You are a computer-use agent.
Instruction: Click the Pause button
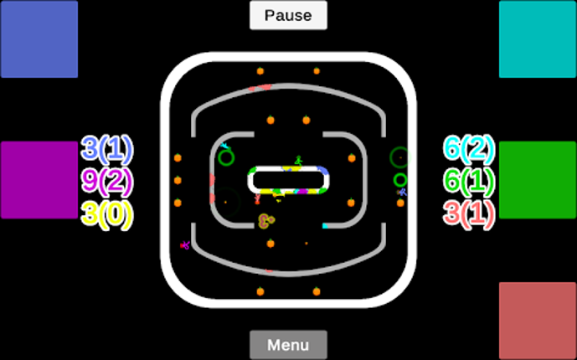[288, 15]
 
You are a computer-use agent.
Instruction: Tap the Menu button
[288, 345]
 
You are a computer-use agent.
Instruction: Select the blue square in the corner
[39, 39]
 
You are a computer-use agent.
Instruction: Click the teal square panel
[538, 39]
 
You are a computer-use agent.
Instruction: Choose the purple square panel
[39, 180]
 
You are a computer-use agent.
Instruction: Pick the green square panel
[538, 180]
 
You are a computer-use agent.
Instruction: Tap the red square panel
[538, 321]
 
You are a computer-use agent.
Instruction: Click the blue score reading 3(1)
[107, 149]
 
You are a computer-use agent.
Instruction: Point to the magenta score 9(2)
[107, 181]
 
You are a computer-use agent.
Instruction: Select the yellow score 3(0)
[107, 213]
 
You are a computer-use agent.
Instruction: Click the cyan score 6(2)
[469, 149]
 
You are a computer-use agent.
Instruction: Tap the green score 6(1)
[469, 181]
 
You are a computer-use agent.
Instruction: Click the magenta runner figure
[185, 245]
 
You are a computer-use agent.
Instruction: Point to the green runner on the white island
[297, 161]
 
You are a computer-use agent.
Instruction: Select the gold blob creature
[266, 221]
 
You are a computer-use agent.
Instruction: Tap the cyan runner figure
[225, 147]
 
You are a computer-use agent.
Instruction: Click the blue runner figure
[402, 193]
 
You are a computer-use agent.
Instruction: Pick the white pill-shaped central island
[289, 179]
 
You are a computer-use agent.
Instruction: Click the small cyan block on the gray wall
[325, 225]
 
